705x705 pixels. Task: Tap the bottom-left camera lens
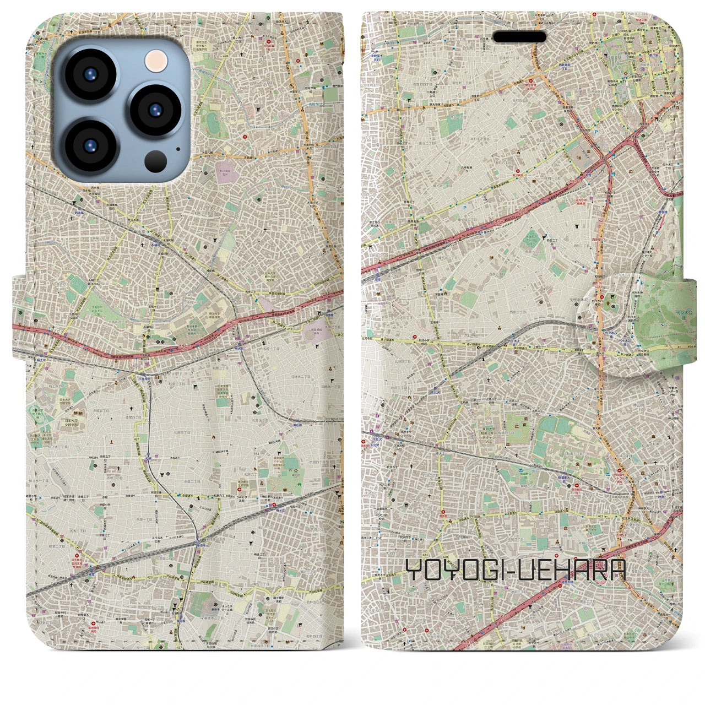[x=90, y=145]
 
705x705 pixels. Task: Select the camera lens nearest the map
[x=155, y=111]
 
